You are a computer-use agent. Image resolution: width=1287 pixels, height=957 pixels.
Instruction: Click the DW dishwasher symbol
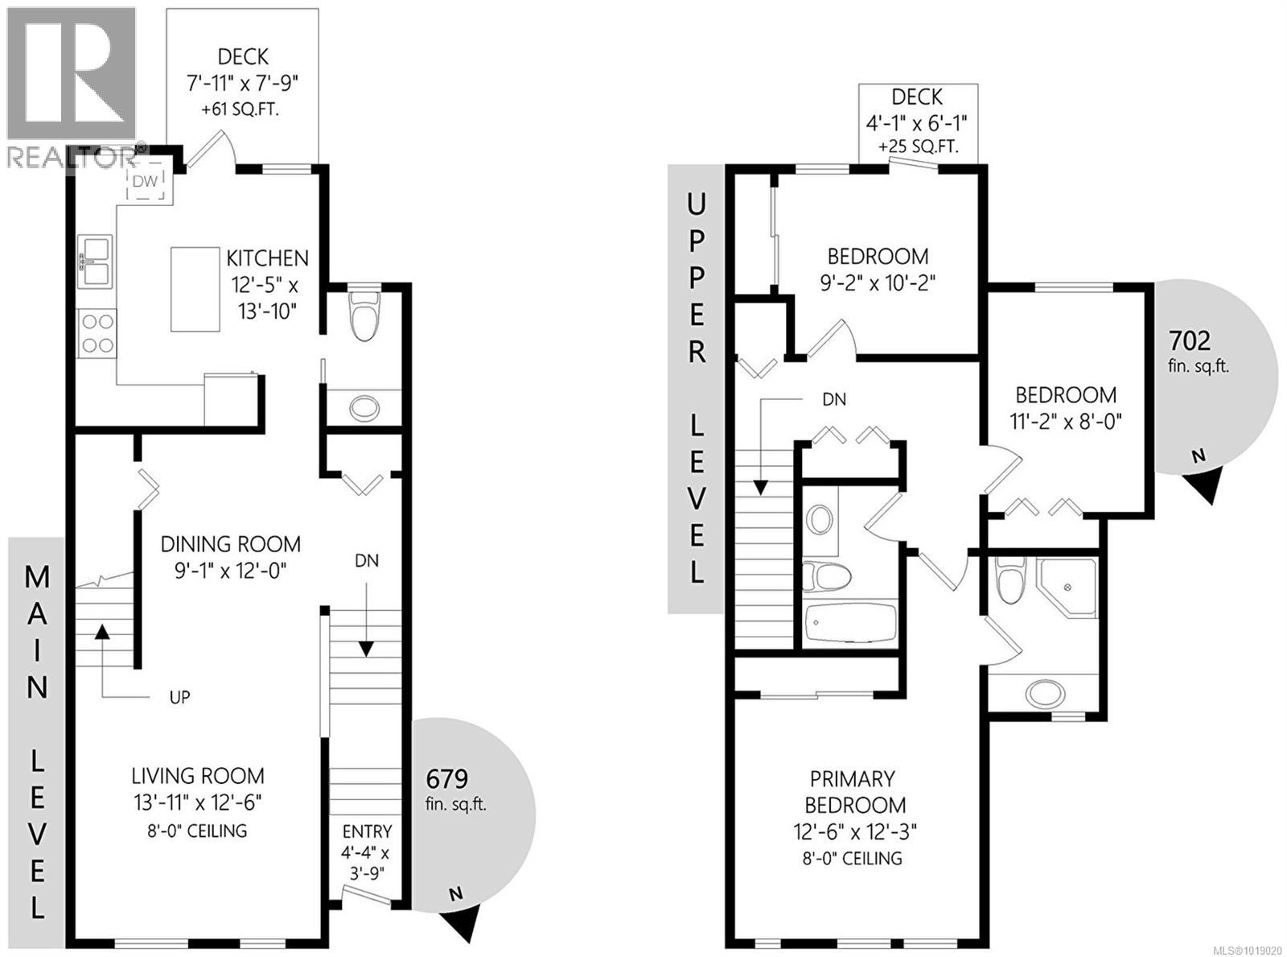click(146, 181)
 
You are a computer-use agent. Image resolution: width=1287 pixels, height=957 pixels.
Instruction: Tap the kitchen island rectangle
click(195, 289)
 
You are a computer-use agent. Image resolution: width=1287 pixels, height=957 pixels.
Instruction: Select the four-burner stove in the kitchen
click(97, 334)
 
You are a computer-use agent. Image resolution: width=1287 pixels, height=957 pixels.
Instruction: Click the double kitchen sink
click(96, 260)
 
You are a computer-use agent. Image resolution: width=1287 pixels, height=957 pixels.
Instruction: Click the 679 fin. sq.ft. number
click(446, 779)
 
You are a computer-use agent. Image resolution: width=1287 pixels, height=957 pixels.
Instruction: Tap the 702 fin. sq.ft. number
click(1190, 341)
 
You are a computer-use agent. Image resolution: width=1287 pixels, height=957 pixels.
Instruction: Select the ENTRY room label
click(367, 831)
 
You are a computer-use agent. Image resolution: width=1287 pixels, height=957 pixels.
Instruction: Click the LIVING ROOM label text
click(198, 776)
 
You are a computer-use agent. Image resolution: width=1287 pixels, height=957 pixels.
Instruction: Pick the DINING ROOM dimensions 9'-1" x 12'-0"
click(231, 571)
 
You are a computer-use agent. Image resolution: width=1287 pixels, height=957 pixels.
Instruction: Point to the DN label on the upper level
click(833, 399)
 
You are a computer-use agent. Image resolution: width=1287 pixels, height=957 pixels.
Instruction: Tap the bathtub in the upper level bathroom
click(850, 622)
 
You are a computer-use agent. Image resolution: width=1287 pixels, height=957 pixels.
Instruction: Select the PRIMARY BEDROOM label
click(852, 792)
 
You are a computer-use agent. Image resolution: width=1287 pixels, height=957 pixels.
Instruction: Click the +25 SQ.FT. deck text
click(918, 147)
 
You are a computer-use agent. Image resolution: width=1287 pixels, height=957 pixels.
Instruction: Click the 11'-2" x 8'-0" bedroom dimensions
click(1066, 421)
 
